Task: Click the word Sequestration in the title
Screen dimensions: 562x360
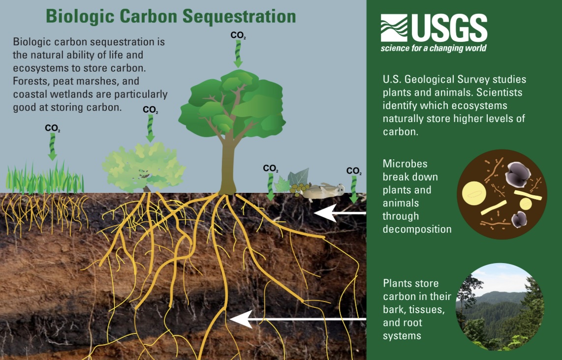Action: (x=239, y=17)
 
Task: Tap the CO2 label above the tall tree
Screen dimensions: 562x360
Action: (x=238, y=35)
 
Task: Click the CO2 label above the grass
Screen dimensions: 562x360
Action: (x=52, y=128)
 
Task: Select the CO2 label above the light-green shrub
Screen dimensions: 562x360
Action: (x=150, y=110)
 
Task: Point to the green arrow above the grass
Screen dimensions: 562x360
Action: (x=52, y=147)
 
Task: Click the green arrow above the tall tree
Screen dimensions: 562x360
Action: (x=238, y=54)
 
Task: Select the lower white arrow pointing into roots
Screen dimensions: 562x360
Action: (x=298, y=319)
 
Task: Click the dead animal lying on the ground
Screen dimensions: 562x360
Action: (x=322, y=191)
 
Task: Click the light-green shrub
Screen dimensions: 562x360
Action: (x=143, y=167)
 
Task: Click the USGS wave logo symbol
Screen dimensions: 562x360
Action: (x=394, y=28)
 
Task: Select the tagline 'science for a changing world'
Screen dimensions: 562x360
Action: (x=434, y=48)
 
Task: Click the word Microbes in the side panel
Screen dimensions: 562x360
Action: (x=405, y=164)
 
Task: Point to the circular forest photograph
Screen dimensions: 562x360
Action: (x=500, y=306)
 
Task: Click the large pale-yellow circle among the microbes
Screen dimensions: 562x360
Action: (x=474, y=193)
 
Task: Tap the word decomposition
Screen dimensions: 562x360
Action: (x=417, y=229)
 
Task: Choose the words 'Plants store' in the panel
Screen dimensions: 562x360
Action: (x=411, y=283)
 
